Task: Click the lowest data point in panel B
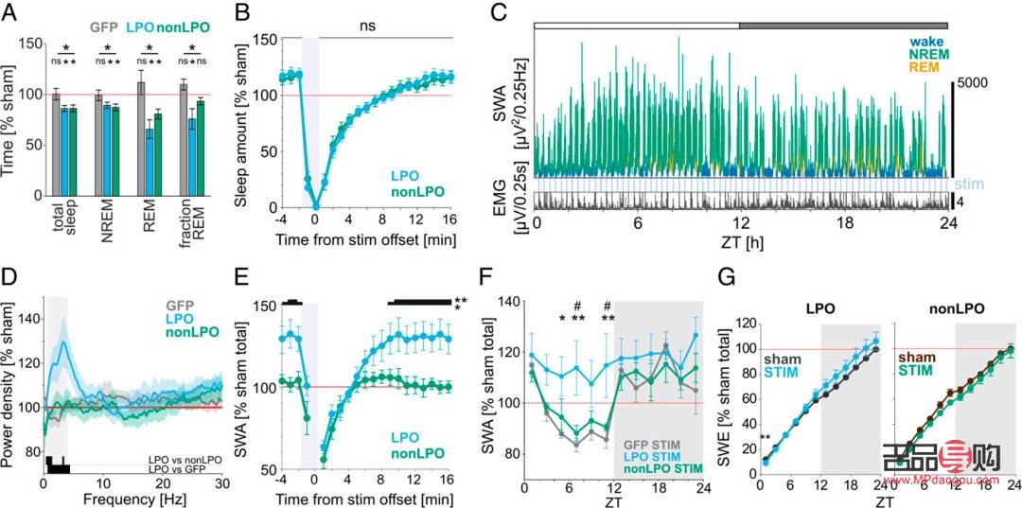[x=317, y=206]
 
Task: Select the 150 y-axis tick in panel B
[x=260, y=41]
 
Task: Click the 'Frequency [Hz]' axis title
[x=132, y=497]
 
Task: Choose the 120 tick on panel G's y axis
[x=745, y=324]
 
